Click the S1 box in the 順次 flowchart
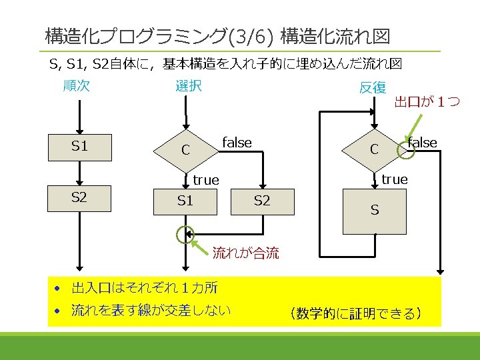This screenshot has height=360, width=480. point(80,147)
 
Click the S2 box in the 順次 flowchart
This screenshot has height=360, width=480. point(80,198)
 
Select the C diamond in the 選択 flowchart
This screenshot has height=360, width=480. point(187,150)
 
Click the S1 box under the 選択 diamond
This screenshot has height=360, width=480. point(185,201)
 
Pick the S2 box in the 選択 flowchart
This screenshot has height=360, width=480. point(263,201)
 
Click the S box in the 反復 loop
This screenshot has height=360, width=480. point(375,211)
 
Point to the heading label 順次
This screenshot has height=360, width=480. point(76,85)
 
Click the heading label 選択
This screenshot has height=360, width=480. point(188,85)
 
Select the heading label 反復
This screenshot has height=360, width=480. point(372,87)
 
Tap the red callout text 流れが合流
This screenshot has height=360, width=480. point(245,253)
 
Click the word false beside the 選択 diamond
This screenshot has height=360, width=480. point(237,143)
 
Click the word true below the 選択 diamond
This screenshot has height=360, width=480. point(206,180)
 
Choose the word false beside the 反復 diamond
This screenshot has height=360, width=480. point(423,143)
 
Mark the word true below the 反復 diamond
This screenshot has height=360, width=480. point(395,179)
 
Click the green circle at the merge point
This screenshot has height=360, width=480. point(185,234)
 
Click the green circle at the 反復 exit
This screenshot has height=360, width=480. point(405,152)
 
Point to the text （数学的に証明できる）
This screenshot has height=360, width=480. point(354,313)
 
